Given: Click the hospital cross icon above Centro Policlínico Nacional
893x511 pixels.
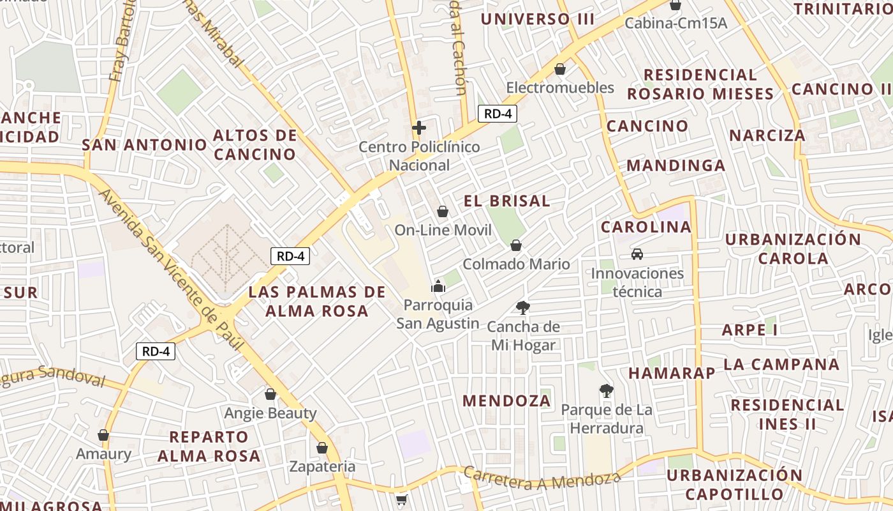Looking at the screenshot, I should [x=418, y=128].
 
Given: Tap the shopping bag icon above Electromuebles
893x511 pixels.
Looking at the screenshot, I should [x=560, y=69].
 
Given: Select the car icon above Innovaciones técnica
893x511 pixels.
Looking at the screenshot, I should [x=637, y=254].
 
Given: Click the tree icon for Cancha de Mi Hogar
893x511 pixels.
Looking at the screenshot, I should [x=523, y=308].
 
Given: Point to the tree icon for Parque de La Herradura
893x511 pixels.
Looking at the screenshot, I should [x=606, y=390].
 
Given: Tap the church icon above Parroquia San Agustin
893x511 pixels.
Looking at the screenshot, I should [x=438, y=286].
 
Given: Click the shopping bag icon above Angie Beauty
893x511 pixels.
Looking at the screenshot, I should [x=270, y=394].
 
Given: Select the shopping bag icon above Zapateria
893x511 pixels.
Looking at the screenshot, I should [x=322, y=447].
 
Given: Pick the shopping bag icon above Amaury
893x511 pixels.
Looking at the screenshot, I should [x=103, y=435].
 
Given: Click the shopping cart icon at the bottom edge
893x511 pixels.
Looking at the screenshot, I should [x=401, y=500].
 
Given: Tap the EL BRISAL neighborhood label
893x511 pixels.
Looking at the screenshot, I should [x=506, y=201].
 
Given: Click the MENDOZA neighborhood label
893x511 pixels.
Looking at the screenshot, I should [x=506, y=401].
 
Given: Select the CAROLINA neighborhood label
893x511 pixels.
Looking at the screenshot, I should [x=646, y=227].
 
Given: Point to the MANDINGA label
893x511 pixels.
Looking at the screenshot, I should [x=675, y=166].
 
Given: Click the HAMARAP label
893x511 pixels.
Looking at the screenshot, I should [x=671, y=373].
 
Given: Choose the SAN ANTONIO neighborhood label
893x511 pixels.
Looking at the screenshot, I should [x=145, y=145].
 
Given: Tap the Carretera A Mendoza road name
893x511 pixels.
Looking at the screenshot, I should [x=542, y=478].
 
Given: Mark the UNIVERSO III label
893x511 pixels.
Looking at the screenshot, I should [x=537, y=19].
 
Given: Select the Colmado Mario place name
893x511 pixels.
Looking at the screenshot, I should [x=516, y=264].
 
